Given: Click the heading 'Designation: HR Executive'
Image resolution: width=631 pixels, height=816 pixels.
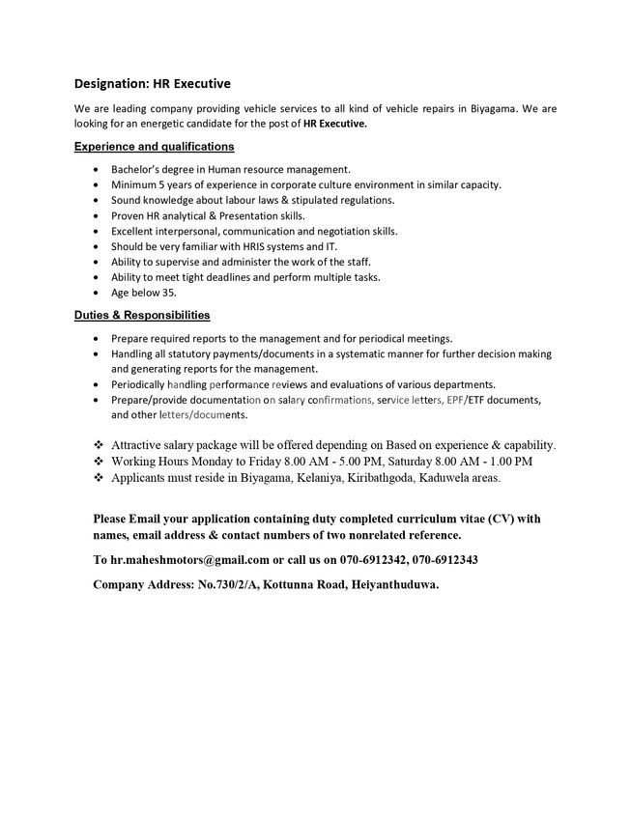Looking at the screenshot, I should (x=153, y=84).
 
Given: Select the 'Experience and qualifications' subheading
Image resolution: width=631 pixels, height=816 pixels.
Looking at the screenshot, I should (x=155, y=147).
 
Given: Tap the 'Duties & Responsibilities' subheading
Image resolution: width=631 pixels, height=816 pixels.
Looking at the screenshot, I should (x=142, y=316).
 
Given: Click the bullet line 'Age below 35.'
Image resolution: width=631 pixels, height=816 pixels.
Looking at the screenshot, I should (x=144, y=293).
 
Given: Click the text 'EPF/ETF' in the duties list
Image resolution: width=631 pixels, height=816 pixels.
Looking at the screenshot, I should (x=448, y=400).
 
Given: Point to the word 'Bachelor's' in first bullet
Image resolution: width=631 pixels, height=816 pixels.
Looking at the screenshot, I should (x=137, y=169).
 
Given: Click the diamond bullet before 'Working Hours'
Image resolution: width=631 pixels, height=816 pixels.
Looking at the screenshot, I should (x=99, y=462).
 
